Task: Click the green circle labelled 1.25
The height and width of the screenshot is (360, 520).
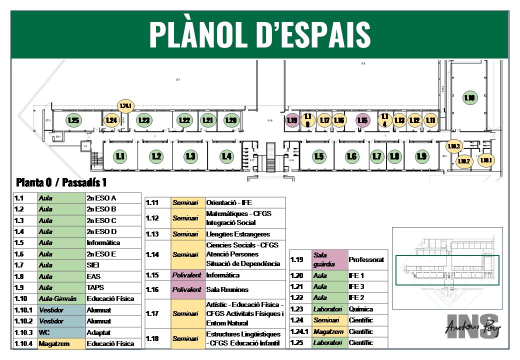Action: (73, 120)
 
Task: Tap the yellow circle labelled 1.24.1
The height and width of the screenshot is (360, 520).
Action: (125, 105)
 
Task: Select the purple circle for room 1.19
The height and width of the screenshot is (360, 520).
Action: (292, 120)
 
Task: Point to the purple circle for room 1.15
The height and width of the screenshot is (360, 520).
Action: (362, 120)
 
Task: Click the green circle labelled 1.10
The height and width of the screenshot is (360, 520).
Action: (469, 98)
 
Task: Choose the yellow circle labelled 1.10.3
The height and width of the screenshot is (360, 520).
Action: (454, 146)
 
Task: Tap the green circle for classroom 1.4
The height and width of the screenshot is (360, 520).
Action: (226, 156)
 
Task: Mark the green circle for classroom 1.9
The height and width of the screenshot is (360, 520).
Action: (421, 156)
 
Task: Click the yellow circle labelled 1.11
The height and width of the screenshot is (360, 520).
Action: (430, 120)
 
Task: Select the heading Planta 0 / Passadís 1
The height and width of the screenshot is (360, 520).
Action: (61, 182)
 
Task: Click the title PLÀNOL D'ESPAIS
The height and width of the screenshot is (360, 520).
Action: (259, 34)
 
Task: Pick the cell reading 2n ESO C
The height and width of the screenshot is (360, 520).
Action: (113, 220)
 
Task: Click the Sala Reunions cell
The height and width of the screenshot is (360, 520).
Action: (244, 289)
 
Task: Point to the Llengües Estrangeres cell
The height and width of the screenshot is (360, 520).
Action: (244, 234)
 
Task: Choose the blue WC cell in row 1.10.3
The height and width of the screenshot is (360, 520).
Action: (61, 332)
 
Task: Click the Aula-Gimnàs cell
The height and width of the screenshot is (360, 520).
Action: (61, 298)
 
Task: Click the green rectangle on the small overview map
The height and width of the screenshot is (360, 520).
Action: (447, 270)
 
